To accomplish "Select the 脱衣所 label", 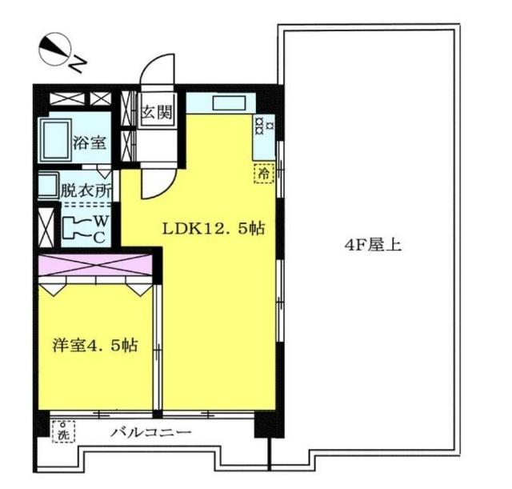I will pyautogui.click(x=85, y=191).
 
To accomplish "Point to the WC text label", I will pyautogui.click(x=100, y=227).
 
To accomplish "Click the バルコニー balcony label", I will pyautogui.click(x=150, y=433).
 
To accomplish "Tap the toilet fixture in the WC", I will pyautogui.click(x=74, y=227).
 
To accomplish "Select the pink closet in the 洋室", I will pyautogui.click(x=94, y=265).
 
